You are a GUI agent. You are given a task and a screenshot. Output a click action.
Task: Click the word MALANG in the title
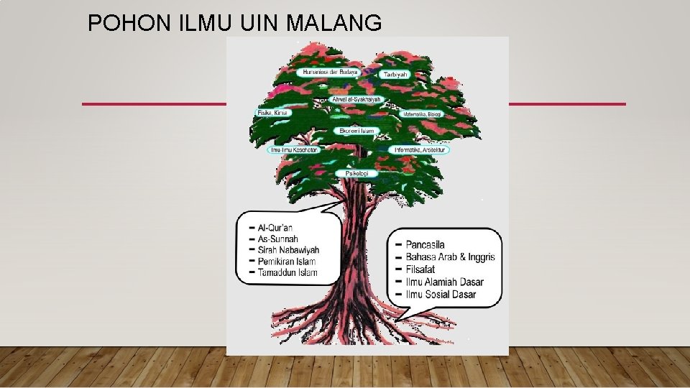tap(334, 24)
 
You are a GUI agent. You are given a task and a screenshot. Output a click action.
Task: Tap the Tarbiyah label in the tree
tap(395, 74)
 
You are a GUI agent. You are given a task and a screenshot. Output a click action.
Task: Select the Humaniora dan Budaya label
tap(330, 72)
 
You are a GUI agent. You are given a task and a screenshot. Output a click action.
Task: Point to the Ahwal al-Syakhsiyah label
tap(357, 99)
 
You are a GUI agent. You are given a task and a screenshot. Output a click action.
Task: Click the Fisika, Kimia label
tap(274, 113)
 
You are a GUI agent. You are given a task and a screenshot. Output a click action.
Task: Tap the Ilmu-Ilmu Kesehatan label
tap(293, 149)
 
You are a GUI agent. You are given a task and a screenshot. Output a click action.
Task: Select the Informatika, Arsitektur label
tap(420, 149)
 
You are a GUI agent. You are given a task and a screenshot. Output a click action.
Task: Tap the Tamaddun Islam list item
tap(287, 272)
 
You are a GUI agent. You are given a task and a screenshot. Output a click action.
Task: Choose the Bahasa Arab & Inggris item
tap(451, 257)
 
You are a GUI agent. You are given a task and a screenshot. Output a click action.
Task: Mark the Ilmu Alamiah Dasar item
tap(444, 282)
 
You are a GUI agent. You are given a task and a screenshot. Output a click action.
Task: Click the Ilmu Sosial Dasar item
tap(441, 294)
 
